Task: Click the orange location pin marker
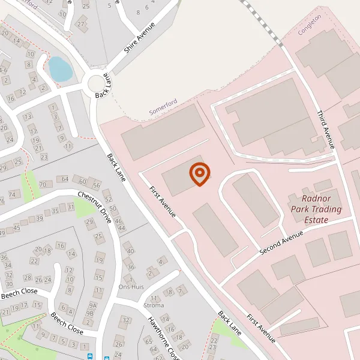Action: click(199, 174)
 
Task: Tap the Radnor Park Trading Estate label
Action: click(316, 209)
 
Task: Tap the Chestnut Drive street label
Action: click(94, 208)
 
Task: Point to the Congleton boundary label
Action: click(310, 25)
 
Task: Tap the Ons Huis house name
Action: click(132, 287)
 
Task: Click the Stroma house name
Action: click(154, 305)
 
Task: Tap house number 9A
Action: click(92, 304)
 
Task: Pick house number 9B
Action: click(90, 313)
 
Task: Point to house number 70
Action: click(42, 184)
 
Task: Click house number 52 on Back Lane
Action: click(108, 199)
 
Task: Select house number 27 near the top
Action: click(81, 24)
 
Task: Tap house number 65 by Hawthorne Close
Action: click(148, 341)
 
